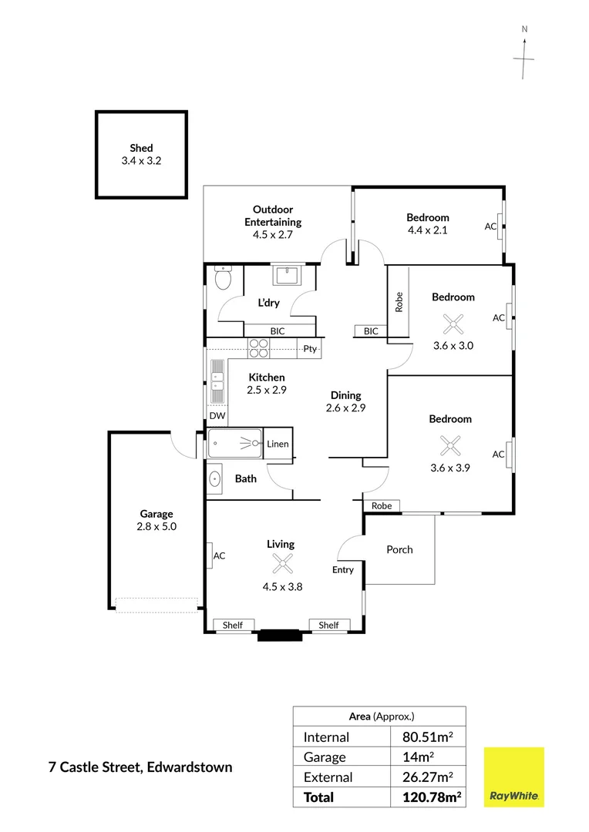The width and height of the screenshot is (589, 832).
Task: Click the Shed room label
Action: (x=141, y=148)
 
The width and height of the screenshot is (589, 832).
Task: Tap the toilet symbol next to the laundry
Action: (x=223, y=277)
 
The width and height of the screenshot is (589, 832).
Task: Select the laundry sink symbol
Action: (x=288, y=276)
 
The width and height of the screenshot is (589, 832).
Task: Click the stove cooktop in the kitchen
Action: (x=258, y=348)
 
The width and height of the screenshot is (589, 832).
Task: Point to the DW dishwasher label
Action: (x=217, y=416)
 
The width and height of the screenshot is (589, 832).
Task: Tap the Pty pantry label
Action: (x=310, y=349)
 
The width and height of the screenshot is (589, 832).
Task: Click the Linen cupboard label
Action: (x=278, y=445)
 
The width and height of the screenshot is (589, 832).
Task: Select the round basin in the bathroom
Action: (x=214, y=479)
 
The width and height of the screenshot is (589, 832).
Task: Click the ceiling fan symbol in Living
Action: (x=282, y=563)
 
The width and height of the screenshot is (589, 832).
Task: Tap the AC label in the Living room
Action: (x=220, y=555)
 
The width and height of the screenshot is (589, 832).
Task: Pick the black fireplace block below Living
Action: (x=280, y=635)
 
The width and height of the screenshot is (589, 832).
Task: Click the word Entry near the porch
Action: (x=343, y=570)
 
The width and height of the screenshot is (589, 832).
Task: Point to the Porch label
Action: (x=399, y=550)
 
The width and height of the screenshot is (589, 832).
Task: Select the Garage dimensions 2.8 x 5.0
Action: (x=157, y=526)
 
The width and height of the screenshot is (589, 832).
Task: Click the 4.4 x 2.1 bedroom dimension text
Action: (x=428, y=230)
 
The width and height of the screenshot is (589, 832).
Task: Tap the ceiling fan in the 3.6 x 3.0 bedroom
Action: (x=453, y=324)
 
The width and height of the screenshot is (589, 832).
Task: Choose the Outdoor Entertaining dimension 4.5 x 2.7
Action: (x=273, y=234)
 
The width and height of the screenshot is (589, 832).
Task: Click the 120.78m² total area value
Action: (x=432, y=797)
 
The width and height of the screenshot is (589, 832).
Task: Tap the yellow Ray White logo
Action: (x=514, y=777)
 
